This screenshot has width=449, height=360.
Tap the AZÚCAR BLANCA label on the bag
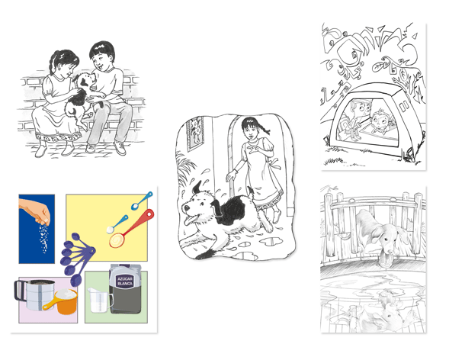coord(125,281)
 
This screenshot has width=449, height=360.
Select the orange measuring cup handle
coord(50,304)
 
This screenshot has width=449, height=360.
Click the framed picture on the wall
coord(195,134)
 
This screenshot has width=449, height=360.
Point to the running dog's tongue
coord(190,220)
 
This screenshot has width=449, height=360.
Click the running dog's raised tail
coord(251,191)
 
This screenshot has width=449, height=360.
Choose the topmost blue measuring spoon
coord(142,201)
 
